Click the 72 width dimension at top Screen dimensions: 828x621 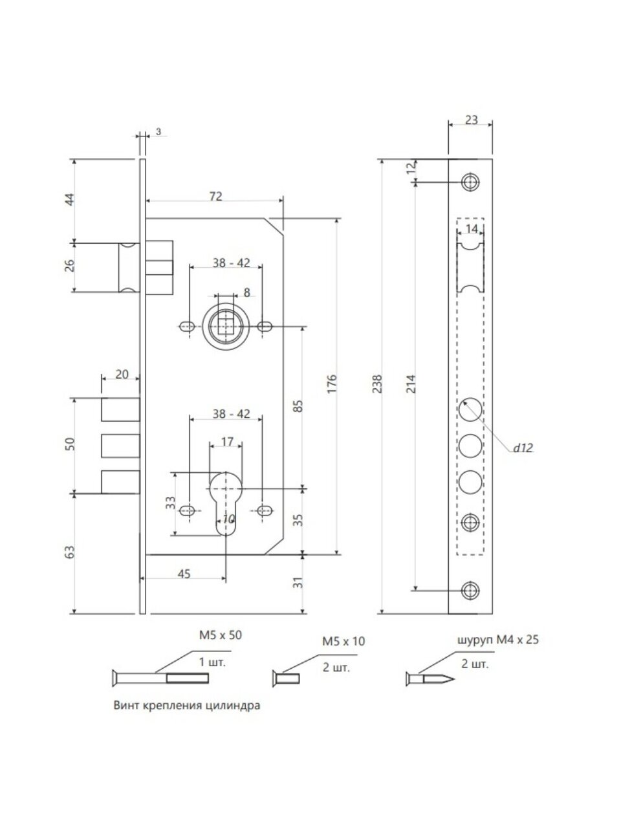point(216,196)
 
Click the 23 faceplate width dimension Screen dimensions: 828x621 point(471,120)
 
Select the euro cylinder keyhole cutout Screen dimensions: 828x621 point(226,502)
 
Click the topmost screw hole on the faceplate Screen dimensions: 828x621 point(470,182)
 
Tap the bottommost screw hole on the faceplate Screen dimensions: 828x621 point(470,590)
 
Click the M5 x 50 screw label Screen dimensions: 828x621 point(220,635)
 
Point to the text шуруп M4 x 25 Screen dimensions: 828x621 point(497,640)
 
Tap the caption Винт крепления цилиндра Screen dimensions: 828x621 point(186,706)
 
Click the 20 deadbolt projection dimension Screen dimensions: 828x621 point(121,373)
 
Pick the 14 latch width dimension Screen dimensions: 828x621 point(471,228)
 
